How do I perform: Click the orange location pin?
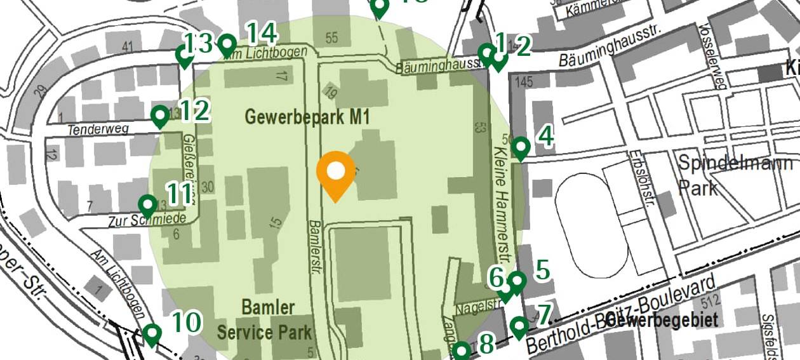coord(335,174)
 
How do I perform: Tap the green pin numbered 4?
coord(521,148)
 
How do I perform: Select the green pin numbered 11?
coord(148,205)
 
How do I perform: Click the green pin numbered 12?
coord(161,116)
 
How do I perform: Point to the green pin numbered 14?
coord(227,45)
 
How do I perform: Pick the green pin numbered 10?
coord(152,333)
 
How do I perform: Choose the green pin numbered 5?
coord(517,281)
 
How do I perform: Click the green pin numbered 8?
coord(462,350)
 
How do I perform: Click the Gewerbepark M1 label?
coord(307,117)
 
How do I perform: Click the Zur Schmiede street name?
coord(147,220)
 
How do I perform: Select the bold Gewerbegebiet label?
coord(662,319)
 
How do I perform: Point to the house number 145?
coord(524,81)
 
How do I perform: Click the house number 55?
coord(331,38)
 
